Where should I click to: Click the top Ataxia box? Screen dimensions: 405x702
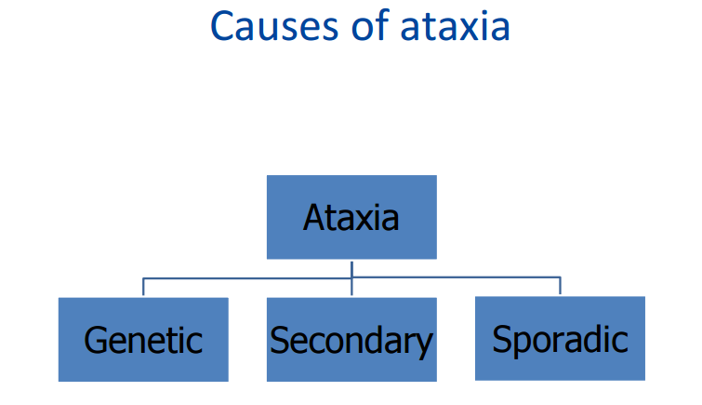tap(351, 217)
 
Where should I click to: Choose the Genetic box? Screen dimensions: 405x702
tap(143, 340)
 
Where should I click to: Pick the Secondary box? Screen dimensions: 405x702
tap(351, 340)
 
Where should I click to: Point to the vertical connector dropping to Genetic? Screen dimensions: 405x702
tap(143, 287)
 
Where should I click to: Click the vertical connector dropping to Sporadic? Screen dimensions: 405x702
tap(560, 286)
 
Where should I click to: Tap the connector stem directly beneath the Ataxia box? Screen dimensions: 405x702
tap(351, 268)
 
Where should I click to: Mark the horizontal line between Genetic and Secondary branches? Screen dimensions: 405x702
tap(247, 277)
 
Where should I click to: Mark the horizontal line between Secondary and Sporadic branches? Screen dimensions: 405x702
tap(456, 277)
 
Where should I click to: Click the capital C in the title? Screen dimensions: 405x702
tap(223, 26)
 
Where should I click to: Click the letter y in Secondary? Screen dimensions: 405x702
tap(423, 345)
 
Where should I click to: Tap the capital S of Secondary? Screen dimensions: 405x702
tap(278, 341)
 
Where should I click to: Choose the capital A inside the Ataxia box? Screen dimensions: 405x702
tap(314, 218)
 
